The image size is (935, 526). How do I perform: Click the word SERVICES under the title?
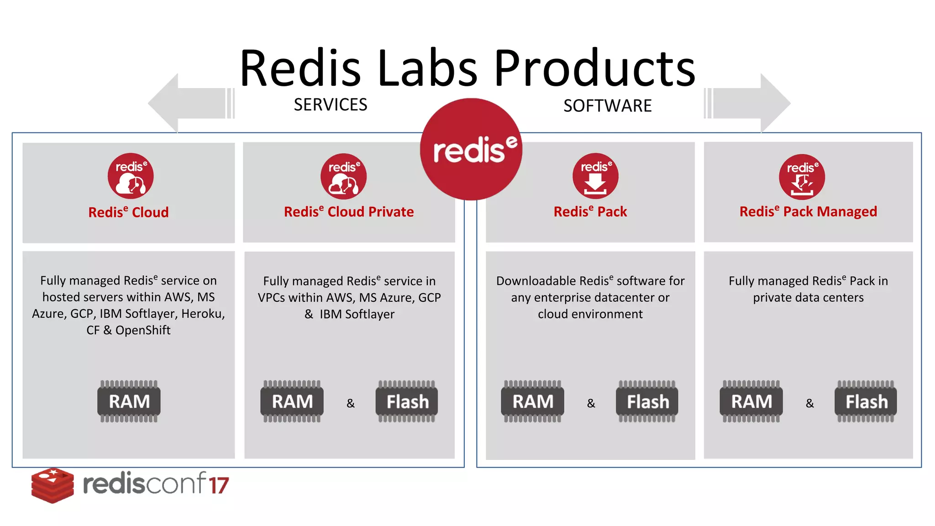tap(331, 105)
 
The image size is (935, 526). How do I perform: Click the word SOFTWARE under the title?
tap(607, 106)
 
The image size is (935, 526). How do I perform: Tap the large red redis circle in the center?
tap(471, 149)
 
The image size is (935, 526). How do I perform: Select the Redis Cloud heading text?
tap(128, 212)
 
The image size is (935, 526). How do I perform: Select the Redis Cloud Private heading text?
tap(349, 212)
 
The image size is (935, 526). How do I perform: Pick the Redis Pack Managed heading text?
tap(808, 211)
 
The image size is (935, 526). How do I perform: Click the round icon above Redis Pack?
tap(595, 176)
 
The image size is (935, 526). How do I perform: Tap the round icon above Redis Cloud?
tap(131, 176)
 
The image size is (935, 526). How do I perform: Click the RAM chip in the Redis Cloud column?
tap(129, 401)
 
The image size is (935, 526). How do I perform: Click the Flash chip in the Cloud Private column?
tap(407, 401)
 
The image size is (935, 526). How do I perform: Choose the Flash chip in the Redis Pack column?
tap(647, 401)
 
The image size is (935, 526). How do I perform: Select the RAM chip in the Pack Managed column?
tap(751, 401)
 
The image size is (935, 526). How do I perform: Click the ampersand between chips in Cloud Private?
tap(351, 403)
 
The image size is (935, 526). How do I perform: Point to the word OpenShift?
tap(143, 330)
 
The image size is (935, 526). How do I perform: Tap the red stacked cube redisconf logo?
tap(53, 485)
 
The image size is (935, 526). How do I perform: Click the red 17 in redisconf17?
tap(219, 485)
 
